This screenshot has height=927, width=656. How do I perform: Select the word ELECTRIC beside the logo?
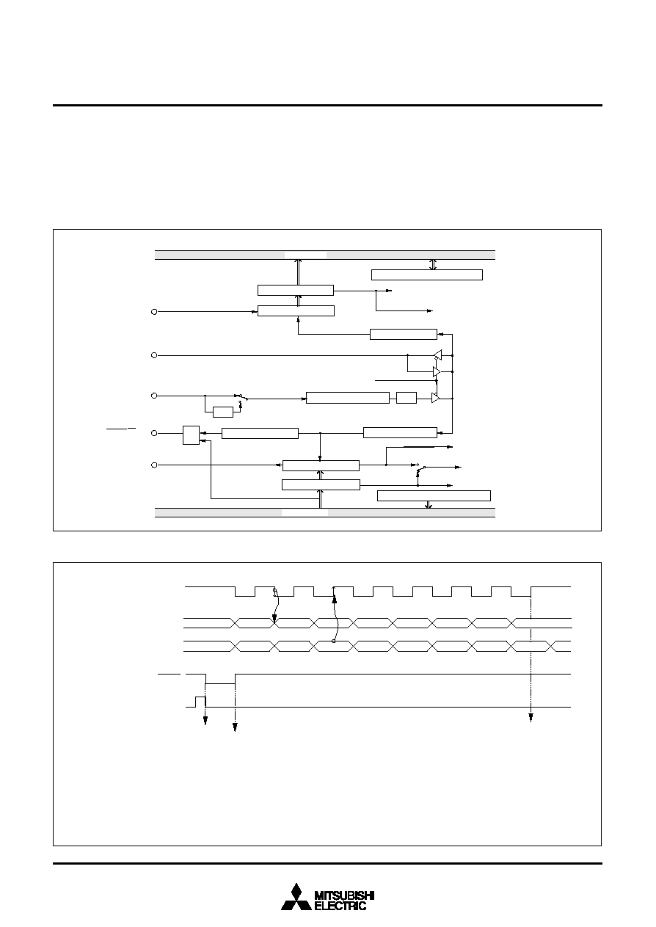(x=340, y=905)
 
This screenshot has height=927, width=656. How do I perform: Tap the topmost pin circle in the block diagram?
(x=154, y=312)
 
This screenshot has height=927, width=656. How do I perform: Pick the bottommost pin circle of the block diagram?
(x=154, y=465)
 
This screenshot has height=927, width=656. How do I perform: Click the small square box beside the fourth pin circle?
(x=191, y=435)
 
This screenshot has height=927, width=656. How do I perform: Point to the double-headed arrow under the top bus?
(x=433, y=264)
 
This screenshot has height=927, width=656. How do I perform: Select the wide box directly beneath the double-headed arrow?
(x=427, y=275)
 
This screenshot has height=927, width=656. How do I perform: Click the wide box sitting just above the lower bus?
(x=434, y=495)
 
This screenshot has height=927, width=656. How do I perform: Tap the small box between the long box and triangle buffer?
(x=407, y=398)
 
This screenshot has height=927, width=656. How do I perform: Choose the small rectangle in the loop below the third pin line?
(x=223, y=412)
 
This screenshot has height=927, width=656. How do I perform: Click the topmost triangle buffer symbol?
(x=437, y=355)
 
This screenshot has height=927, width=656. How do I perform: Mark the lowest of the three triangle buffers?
(x=435, y=398)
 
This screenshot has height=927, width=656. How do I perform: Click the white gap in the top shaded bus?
(x=305, y=255)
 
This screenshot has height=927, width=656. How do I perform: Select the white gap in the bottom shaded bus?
(x=305, y=513)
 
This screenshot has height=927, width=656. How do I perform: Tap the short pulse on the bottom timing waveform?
(x=200, y=702)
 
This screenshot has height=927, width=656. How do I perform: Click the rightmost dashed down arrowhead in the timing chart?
(x=531, y=718)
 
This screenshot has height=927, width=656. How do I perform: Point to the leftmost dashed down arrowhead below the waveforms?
(x=205, y=721)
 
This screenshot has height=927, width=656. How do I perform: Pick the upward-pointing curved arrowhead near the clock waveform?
(x=335, y=600)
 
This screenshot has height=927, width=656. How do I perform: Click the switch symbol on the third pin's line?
(x=241, y=397)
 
